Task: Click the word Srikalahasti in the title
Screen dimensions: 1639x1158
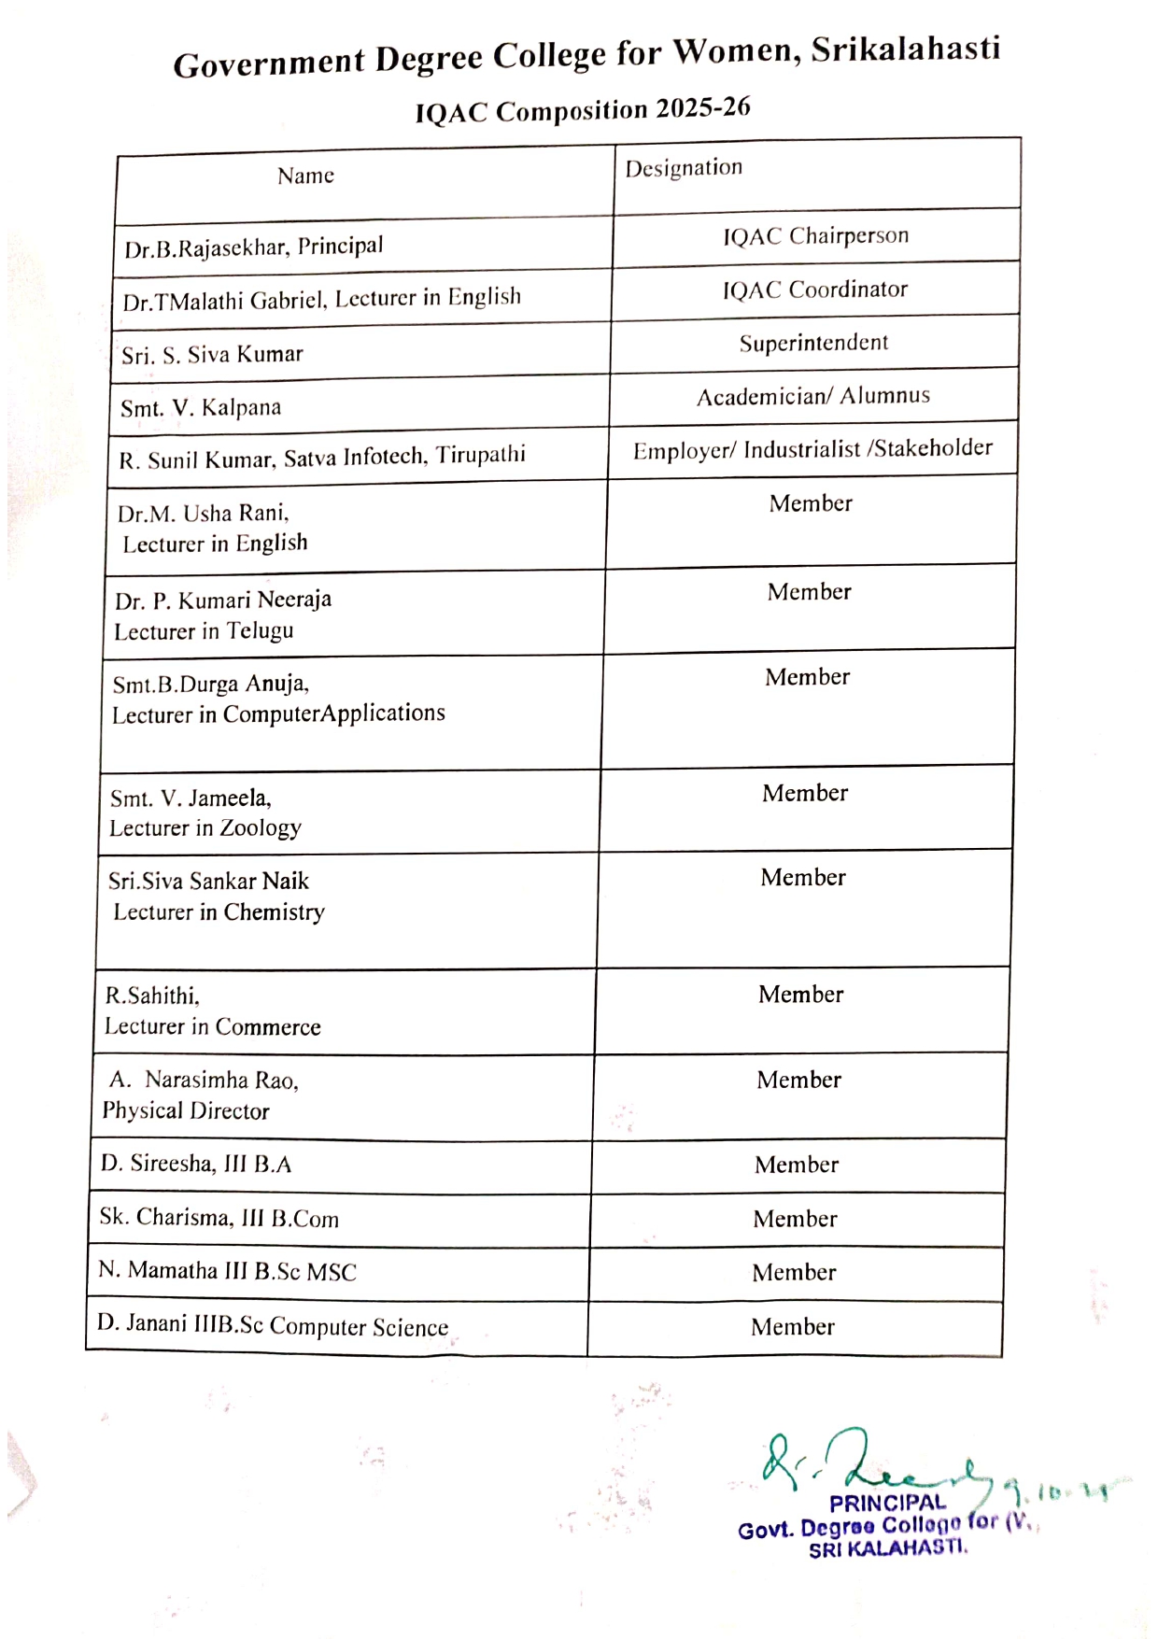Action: click(x=905, y=49)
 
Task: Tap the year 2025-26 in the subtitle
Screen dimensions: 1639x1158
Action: click(x=702, y=108)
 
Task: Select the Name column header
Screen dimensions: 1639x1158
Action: click(x=305, y=176)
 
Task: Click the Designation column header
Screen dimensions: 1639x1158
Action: click(x=684, y=168)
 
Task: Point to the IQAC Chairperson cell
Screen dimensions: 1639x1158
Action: click(x=815, y=236)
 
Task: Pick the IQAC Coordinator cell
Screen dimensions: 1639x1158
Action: click(x=814, y=290)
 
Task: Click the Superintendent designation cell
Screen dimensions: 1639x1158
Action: click(x=813, y=343)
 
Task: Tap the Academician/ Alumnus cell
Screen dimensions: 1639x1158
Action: click(x=812, y=396)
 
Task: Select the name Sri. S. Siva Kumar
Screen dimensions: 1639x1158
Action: click(x=212, y=355)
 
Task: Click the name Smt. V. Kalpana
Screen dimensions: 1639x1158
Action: click(x=201, y=408)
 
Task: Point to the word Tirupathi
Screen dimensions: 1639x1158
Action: click(x=480, y=455)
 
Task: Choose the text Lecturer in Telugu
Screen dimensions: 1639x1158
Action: click(x=204, y=631)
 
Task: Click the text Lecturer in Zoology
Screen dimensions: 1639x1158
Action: click(x=205, y=828)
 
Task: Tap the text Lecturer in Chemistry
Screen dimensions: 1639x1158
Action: click(x=219, y=912)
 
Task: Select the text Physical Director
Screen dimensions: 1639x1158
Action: click(x=186, y=1110)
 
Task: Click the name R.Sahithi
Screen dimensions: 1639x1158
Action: click(x=152, y=996)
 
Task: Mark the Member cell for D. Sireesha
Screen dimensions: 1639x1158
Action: click(x=797, y=1165)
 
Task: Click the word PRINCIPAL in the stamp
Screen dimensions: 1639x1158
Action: click(x=887, y=1503)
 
